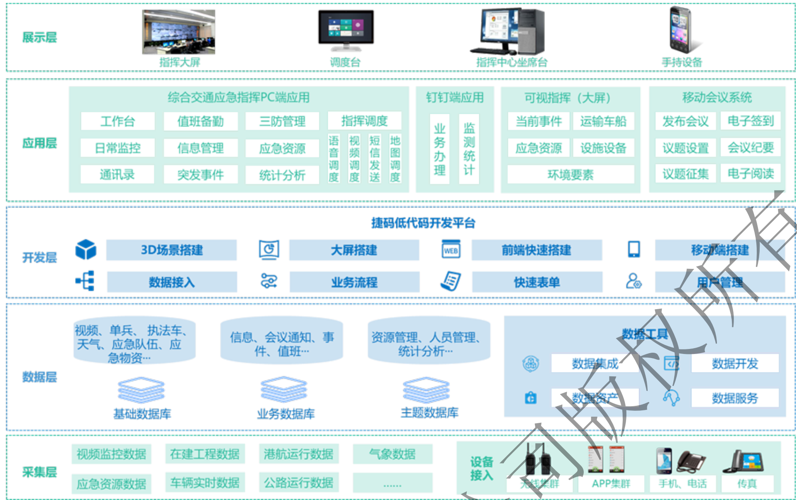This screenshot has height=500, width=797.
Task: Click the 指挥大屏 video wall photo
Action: tap(178, 32)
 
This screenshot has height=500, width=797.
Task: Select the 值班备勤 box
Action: tap(200, 121)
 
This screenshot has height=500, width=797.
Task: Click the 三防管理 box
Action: tap(282, 121)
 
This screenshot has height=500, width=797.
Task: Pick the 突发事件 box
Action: tap(200, 175)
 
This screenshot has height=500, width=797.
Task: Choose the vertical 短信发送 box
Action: tap(375, 159)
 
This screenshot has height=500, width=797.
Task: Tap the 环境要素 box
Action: tap(570, 175)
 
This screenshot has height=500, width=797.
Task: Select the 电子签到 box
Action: tap(751, 121)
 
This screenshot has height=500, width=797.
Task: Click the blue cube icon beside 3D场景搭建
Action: tap(86, 249)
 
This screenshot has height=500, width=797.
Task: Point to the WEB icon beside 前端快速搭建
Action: tap(451, 249)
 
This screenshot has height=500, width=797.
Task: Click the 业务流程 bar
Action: tap(354, 282)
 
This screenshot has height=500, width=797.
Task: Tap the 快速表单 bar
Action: tap(537, 282)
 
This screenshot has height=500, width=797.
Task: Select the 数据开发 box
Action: tap(735, 363)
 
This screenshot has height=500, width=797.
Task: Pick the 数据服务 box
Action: tap(735, 398)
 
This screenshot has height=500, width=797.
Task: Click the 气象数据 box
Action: tap(392, 454)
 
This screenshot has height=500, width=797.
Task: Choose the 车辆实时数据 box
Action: tap(205, 483)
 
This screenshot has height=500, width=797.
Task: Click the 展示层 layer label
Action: tap(39, 37)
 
